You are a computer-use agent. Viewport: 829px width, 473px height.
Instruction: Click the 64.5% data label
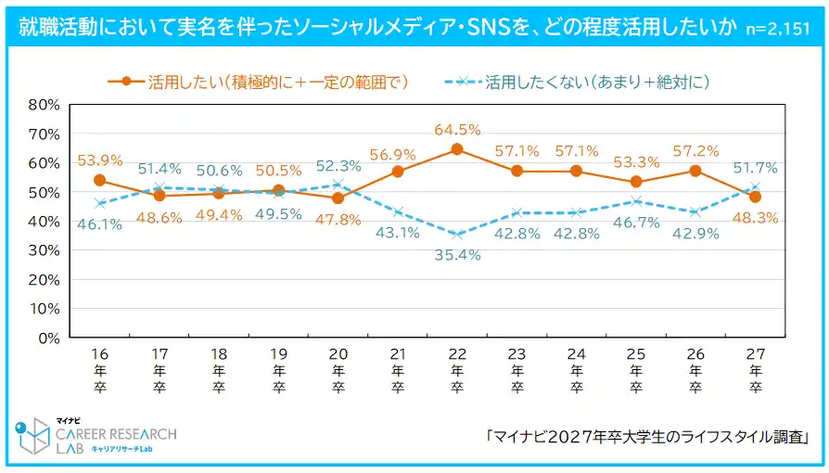[x=456, y=130]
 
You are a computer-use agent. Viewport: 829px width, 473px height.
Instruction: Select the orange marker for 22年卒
[x=456, y=149]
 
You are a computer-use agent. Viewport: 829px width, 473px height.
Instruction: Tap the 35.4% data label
[x=457, y=254]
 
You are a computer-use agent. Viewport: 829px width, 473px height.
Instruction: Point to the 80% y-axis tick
[x=44, y=104]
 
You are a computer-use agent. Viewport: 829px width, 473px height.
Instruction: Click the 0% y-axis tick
[x=48, y=338]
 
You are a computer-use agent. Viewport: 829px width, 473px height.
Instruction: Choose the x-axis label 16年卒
[x=99, y=371]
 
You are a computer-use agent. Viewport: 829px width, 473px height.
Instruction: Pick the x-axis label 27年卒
[x=756, y=371]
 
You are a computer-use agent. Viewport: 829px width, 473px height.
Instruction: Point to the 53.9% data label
[x=99, y=160]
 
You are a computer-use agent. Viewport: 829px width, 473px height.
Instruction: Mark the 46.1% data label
[x=99, y=224]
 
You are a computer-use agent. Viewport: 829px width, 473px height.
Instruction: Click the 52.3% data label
[x=338, y=166]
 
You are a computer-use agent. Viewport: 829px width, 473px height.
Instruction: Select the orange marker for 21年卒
[x=397, y=172]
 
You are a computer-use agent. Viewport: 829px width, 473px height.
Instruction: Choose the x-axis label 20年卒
[x=338, y=371]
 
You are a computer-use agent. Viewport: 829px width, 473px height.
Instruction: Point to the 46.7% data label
[x=635, y=224]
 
